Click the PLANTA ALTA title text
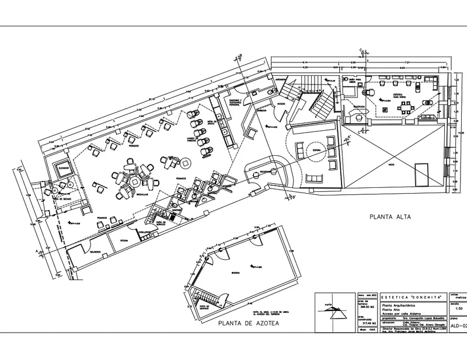coord(390,216)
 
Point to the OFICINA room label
coord(124,240)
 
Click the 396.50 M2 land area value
coord(366,307)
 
